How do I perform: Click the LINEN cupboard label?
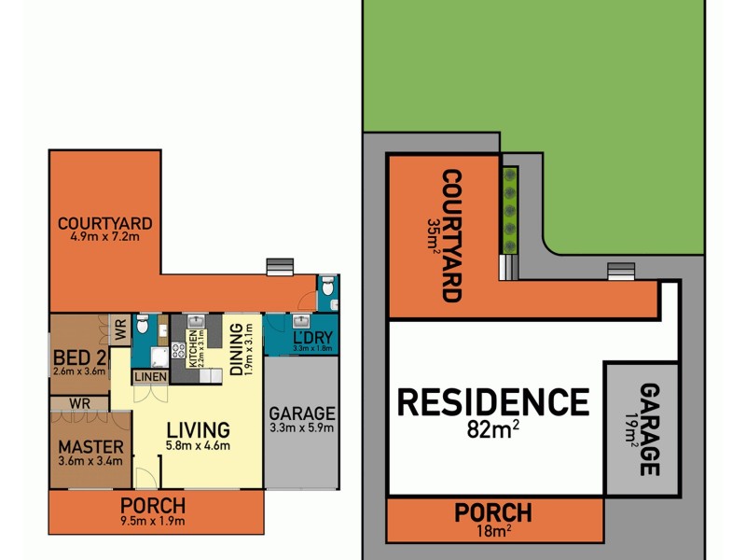click(x=150, y=377)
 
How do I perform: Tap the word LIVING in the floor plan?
click(x=198, y=430)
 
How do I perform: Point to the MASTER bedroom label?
click(x=90, y=446)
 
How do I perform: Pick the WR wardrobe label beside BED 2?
click(x=120, y=329)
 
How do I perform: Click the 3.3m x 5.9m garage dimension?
click(x=300, y=429)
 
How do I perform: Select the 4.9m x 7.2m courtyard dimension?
click(x=104, y=237)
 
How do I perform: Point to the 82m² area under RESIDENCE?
click(x=494, y=431)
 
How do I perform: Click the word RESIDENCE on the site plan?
click(x=493, y=402)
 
